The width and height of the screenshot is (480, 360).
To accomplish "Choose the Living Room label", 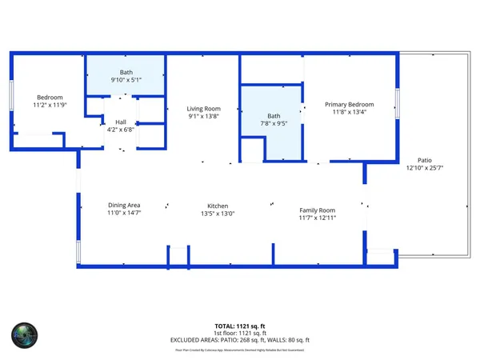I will tap(204, 109).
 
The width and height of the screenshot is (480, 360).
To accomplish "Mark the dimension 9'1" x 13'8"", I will tap(204, 117).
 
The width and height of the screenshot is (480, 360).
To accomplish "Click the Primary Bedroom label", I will tap(349, 104).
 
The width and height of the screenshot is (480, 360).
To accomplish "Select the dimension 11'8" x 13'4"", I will tap(349, 112).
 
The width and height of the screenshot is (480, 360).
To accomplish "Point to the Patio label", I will tap(424, 159).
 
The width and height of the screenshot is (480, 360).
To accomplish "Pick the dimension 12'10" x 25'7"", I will tap(424, 167).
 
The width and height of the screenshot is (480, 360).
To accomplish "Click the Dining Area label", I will tap(124, 205).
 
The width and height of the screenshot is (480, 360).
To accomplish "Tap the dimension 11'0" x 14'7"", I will tap(124, 214).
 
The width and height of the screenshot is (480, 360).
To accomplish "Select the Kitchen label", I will tap(218, 206).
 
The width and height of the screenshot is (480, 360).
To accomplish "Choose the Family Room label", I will tap(317, 210).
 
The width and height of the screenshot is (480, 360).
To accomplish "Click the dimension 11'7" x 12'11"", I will tap(317, 218).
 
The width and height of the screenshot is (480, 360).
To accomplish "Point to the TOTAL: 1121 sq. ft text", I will tap(240, 326).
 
